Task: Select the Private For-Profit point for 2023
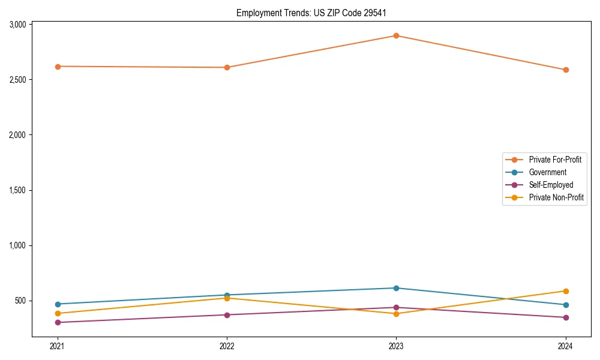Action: (x=396, y=35)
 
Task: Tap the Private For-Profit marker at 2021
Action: (x=58, y=67)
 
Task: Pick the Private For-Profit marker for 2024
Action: (x=566, y=70)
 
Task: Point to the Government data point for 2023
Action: (x=396, y=288)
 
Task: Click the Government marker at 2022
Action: (x=227, y=295)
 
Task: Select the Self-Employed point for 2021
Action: (x=58, y=322)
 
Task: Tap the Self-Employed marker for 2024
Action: (x=566, y=317)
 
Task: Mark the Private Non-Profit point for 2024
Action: (x=566, y=291)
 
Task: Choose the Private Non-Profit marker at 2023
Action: (x=396, y=314)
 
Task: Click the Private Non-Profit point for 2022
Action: (x=227, y=298)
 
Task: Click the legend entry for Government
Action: (x=547, y=172)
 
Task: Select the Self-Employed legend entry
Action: (x=551, y=185)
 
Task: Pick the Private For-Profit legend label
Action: (x=554, y=160)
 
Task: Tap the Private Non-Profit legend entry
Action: (x=556, y=197)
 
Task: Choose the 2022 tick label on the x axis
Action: (x=227, y=346)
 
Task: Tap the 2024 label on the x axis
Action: (x=566, y=346)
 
